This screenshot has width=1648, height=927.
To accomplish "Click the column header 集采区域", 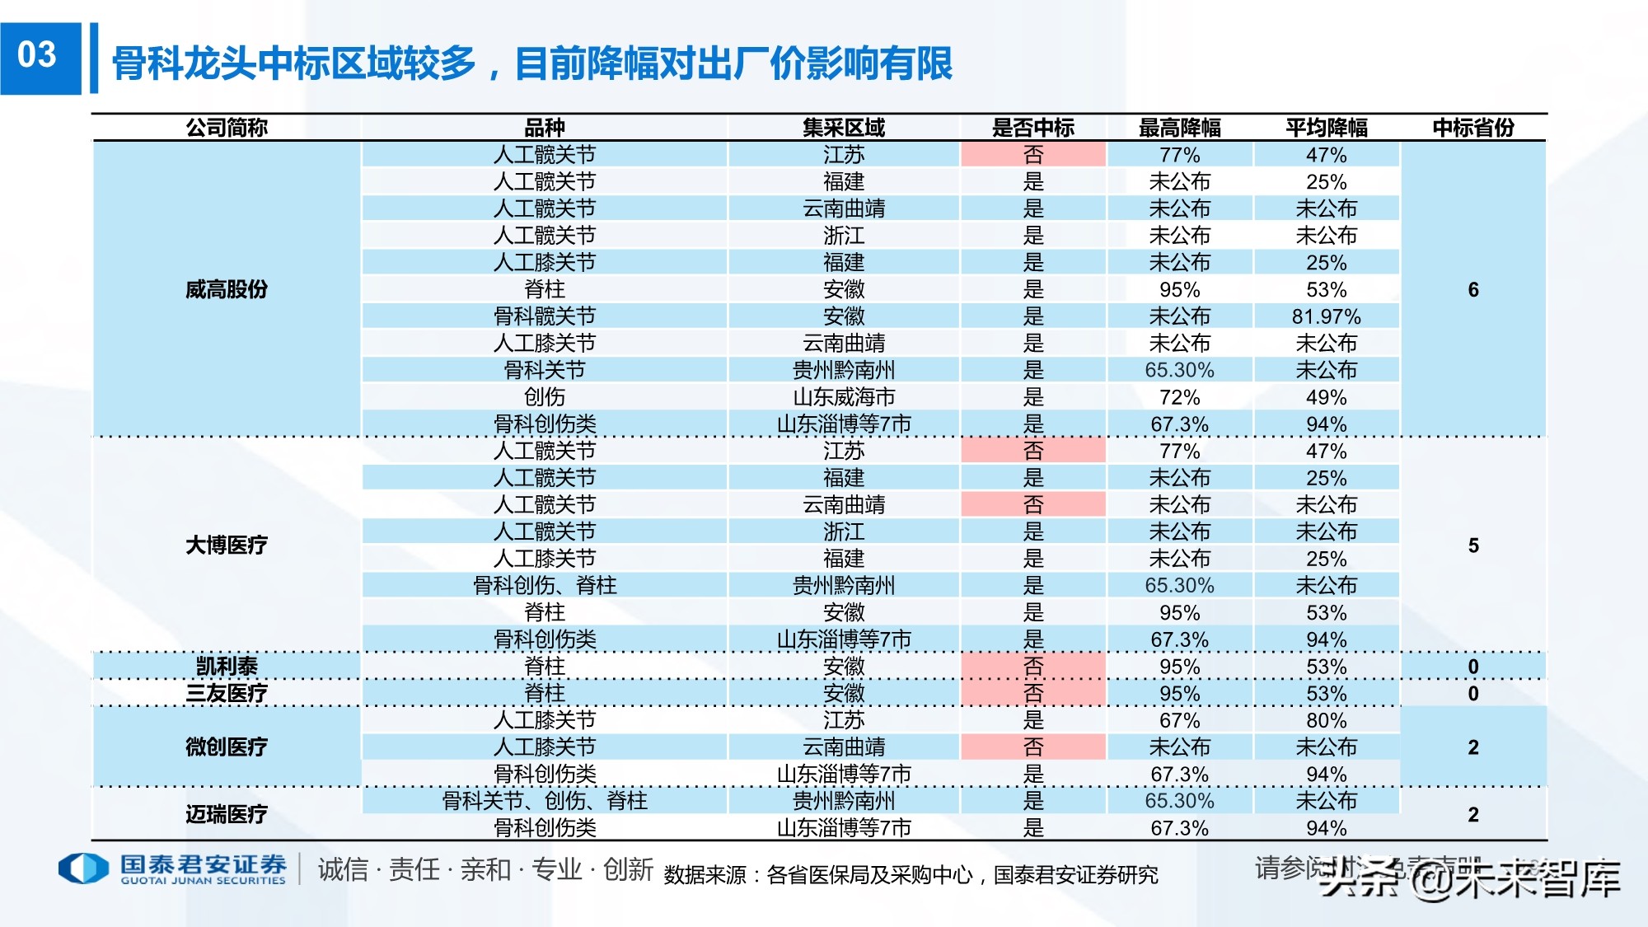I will tap(843, 128).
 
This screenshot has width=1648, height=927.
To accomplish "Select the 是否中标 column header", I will tap(1032, 128).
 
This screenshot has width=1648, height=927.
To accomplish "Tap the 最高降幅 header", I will tap(1179, 128).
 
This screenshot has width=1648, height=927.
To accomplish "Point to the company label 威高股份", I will tap(227, 289).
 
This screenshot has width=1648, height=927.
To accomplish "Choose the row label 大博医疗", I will tap(227, 545).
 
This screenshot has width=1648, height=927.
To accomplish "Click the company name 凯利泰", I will tap(227, 666).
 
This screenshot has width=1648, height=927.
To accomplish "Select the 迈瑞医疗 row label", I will tap(227, 814).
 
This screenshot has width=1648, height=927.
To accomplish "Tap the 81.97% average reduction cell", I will tap(1326, 316).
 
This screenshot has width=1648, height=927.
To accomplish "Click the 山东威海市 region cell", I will tap(843, 397).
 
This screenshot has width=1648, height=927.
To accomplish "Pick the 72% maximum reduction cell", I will tap(1179, 397).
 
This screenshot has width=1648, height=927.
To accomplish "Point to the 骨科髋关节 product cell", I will tap(544, 316).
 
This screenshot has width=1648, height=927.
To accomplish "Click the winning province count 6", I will tap(1472, 289).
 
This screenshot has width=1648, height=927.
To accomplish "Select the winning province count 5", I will tap(1472, 545).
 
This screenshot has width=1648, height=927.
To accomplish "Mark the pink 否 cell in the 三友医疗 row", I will tap(1032, 693).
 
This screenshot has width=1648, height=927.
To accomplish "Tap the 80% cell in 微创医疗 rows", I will tap(1326, 720).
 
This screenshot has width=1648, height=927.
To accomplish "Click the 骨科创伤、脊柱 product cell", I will tap(544, 585).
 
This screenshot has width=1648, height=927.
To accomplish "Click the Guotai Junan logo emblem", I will tap(83, 868).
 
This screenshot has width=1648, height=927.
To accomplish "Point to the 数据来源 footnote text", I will tap(911, 874).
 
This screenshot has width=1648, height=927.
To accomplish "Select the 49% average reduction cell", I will tap(1326, 397).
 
